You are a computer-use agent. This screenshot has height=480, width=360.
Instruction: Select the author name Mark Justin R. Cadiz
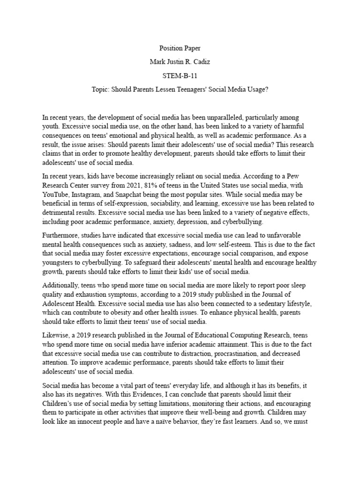[180, 61]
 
